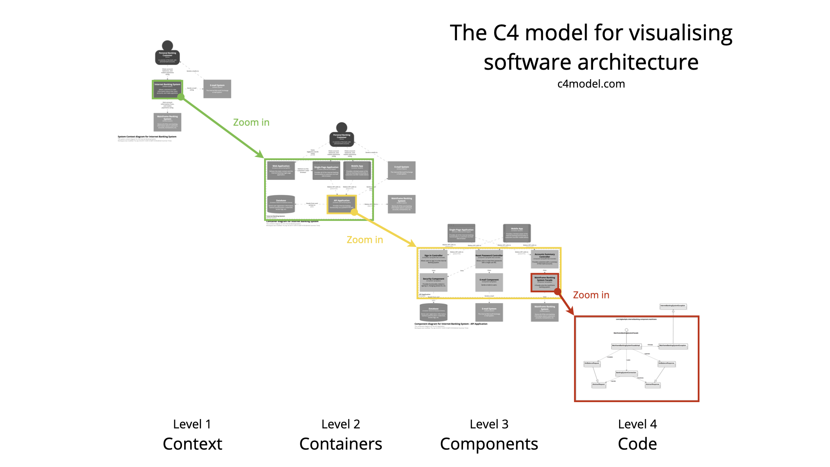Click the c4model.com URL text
pos(591,84)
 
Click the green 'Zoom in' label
pos(251,122)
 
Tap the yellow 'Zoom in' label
pos(365,240)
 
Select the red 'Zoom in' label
pos(591,295)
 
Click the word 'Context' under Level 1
pos(192,444)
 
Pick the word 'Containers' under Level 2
pos(341,444)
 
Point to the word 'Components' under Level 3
pos(489,444)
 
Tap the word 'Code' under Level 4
pos(637,444)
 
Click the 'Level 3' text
pos(489,424)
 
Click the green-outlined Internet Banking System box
pos(167,89)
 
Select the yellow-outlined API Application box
pos(342,204)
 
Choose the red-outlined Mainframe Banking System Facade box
pos(545,282)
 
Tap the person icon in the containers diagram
pos(342,134)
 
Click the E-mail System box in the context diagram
pos(217,89)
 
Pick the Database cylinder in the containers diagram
pos(281,205)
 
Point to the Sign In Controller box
pos(433,259)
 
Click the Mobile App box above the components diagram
pos(517,233)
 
